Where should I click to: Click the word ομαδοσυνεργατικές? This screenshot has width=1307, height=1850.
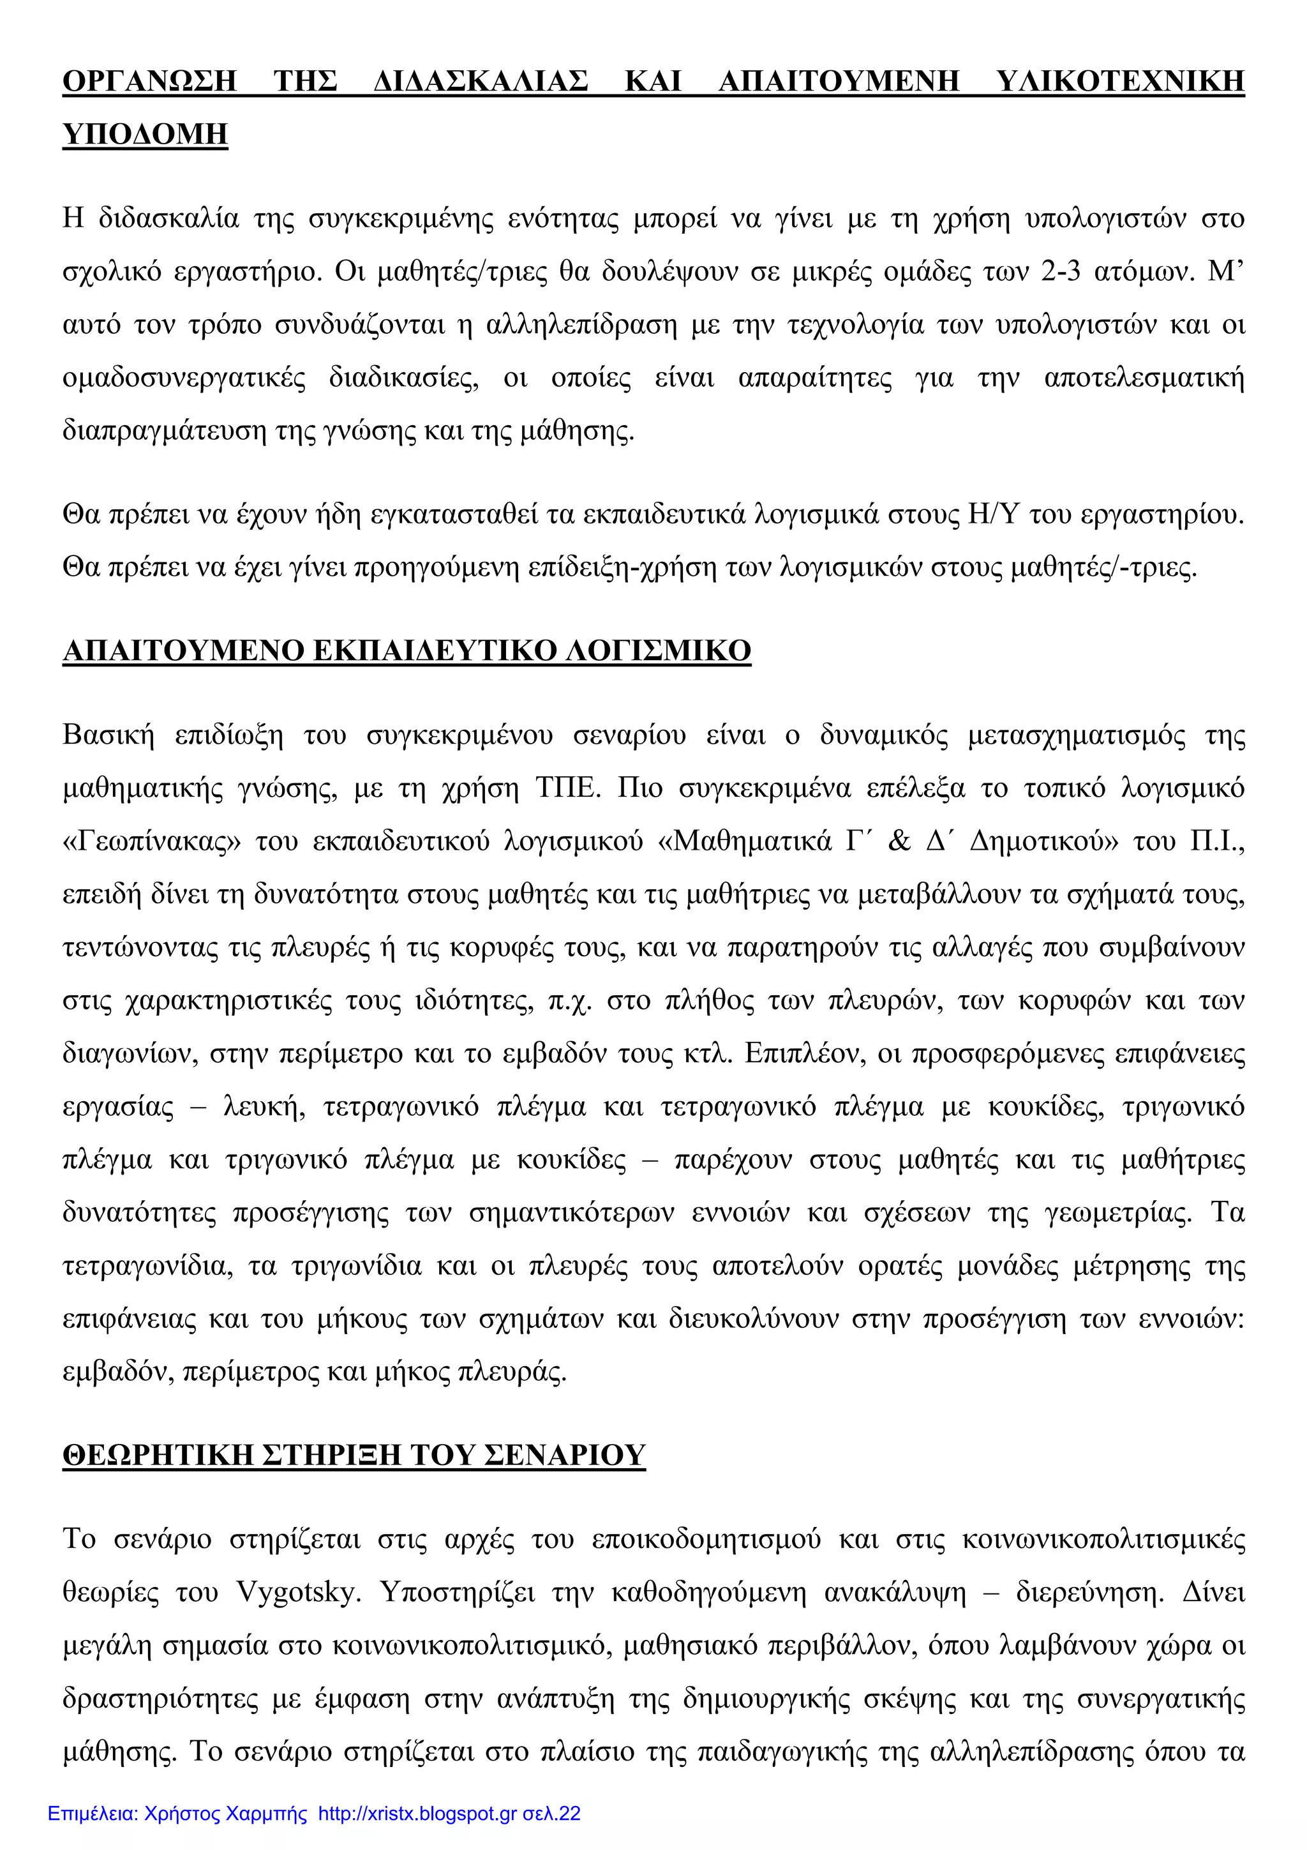(184, 378)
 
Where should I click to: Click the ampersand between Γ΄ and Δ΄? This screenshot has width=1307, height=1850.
(898, 840)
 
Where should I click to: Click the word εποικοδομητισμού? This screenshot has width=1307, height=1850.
(706, 1540)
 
